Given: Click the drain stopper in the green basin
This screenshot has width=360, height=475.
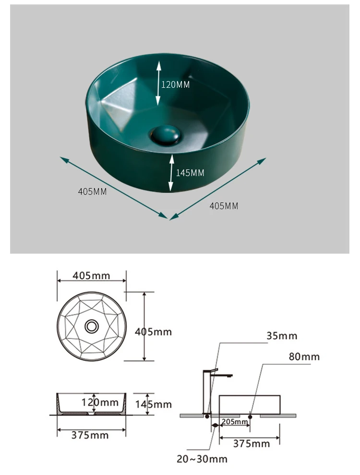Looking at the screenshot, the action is (166, 135).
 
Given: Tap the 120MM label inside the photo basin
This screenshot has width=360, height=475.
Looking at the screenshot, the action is (176, 84).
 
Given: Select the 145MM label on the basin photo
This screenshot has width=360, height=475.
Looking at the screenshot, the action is (190, 173).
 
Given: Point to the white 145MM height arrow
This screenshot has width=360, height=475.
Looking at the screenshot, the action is (171, 173).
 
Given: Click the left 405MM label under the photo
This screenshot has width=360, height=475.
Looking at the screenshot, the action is (93, 191).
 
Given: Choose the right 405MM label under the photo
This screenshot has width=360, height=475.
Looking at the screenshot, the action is (224, 206).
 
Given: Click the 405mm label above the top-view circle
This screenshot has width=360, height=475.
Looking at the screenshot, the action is (91, 276).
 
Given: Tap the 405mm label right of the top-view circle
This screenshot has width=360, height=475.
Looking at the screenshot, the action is (153, 332).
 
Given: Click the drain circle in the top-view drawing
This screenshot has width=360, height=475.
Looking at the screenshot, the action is (92, 326).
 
